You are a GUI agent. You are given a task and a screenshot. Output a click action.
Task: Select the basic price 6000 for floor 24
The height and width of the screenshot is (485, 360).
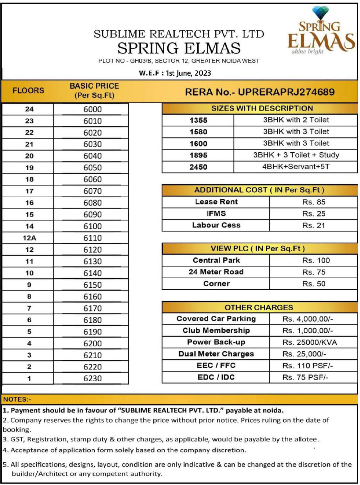pos(93,109)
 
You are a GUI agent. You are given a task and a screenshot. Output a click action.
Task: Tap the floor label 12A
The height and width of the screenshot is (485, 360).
pos(29,238)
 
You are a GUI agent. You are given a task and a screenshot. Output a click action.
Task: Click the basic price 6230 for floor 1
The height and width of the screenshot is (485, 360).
pos(93,378)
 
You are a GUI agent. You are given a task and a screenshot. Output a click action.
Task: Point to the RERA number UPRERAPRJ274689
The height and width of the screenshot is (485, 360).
pos(260,92)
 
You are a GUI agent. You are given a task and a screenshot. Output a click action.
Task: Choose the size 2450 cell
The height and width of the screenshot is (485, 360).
pos(198,167)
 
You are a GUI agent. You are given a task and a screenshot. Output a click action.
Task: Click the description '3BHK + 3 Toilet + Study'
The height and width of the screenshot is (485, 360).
pos(296,155)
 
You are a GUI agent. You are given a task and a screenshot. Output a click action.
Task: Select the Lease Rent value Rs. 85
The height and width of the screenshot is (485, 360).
pos(314,202)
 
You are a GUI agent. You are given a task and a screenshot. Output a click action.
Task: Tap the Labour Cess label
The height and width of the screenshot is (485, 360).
pos(216,225)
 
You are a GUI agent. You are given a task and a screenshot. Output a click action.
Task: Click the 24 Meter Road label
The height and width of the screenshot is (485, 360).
pos(216,272)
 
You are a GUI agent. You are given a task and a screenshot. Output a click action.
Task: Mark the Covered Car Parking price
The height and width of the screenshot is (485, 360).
pos(307,319)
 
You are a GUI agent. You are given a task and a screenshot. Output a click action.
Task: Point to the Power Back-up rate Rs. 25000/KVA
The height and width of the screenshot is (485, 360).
pos(310,342)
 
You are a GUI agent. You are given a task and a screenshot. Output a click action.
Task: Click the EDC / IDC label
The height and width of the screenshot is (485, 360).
pos(216,377)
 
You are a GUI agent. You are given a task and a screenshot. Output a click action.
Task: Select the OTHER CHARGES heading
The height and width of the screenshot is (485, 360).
pos(258,307)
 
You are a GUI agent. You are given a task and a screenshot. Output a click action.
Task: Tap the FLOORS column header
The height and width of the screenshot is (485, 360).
pos(28,90)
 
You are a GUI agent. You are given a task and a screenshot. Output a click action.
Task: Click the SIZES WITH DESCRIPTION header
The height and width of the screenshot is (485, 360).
pos(262,108)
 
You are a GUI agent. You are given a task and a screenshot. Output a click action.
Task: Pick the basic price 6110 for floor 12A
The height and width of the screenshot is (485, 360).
pos(93,238)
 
